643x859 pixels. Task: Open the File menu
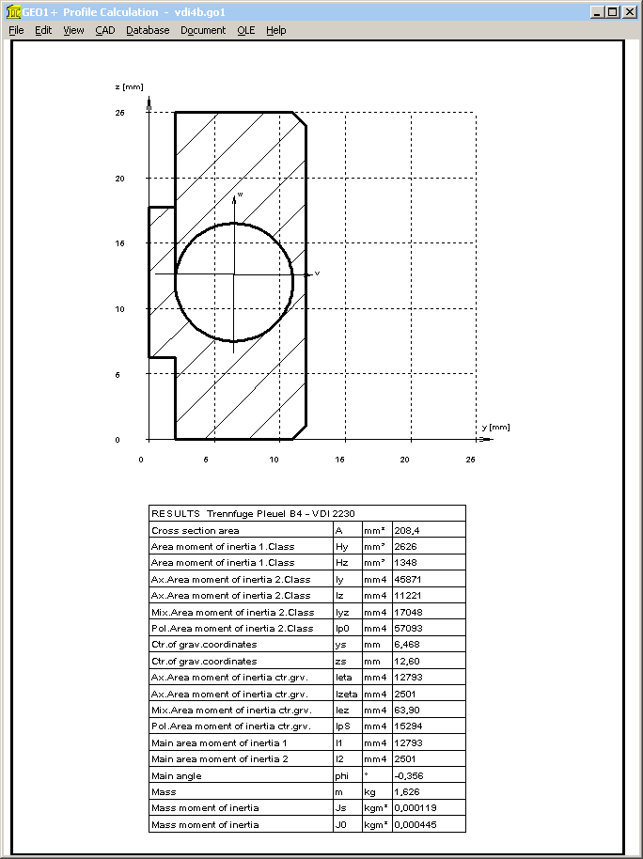(16, 30)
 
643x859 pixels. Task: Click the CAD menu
(104, 30)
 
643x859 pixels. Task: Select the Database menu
(148, 30)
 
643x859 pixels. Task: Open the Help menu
(275, 30)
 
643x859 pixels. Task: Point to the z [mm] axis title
(128, 86)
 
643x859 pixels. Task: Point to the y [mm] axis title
(495, 427)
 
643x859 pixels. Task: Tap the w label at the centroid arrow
(240, 194)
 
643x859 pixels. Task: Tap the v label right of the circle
(317, 273)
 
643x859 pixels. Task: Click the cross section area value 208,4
(407, 530)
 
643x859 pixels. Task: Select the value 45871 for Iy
(407, 579)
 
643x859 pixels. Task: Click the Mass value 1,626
(406, 791)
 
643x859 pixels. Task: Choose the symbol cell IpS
(343, 726)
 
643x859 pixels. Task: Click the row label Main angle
(177, 775)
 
